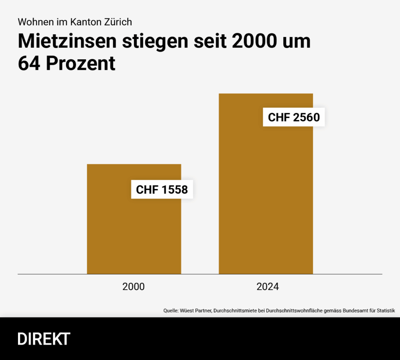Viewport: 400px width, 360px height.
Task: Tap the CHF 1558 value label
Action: tap(162, 190)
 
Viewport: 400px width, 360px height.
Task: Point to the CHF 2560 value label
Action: tap(294, 117)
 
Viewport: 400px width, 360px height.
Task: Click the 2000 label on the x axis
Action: tap(134, 287)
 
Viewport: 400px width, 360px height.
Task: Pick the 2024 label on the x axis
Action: tap(268, 287)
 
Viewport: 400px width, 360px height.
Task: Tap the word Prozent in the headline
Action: tap(81, 64)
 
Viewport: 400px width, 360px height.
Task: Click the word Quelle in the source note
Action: tap(171, 311)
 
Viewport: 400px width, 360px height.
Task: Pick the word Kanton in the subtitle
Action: tap(84, 21)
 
